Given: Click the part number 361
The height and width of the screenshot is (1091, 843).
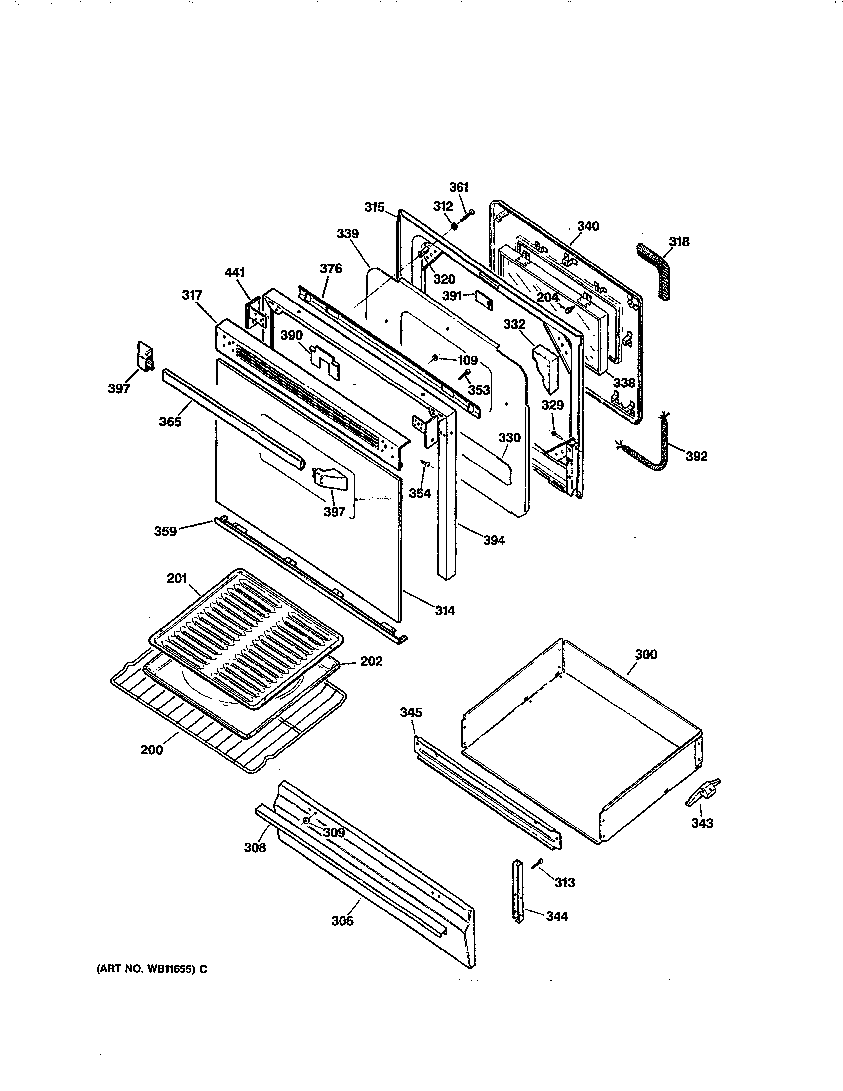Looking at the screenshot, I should tap(459, 187).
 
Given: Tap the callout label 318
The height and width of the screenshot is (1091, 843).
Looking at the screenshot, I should tap(679, 242).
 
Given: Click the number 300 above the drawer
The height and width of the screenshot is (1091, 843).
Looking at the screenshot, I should tap(646, 654).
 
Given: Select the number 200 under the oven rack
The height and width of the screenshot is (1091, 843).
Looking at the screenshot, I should tap(151, 750).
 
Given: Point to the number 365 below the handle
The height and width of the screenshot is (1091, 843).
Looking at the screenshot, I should tap(170, 422).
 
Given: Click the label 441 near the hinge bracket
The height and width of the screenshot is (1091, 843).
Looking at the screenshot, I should tap(235, 273).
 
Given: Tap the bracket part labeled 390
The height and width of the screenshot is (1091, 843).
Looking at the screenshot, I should tap(325, 360).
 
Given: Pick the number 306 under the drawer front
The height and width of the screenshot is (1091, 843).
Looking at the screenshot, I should tap(342, 921).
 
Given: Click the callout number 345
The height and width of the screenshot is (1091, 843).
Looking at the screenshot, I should tap(411, 712).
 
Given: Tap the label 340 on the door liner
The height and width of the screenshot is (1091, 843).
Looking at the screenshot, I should tap(588, 226).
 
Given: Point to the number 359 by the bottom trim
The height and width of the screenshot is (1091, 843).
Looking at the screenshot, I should tap(165, 531).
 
